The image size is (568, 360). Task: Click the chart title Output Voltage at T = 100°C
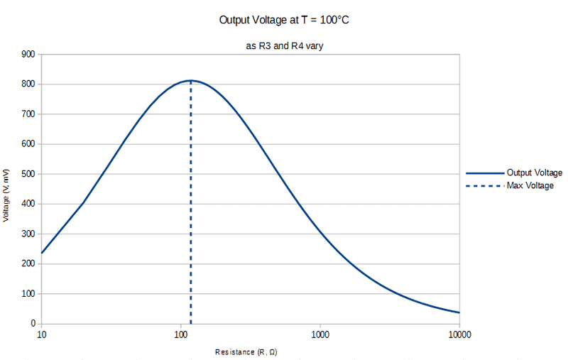[285, 20]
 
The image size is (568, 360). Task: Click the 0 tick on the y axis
[32, 324]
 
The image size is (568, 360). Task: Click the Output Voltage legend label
[535, 173]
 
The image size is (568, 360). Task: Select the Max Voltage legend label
[530, 186]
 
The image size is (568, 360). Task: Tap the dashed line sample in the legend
[484, 186]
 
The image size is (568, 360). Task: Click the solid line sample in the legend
[484, 173]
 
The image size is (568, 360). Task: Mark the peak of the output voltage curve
[190, 80]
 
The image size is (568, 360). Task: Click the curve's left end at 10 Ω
[41, 253]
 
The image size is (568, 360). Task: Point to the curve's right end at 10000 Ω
[459, 312]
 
